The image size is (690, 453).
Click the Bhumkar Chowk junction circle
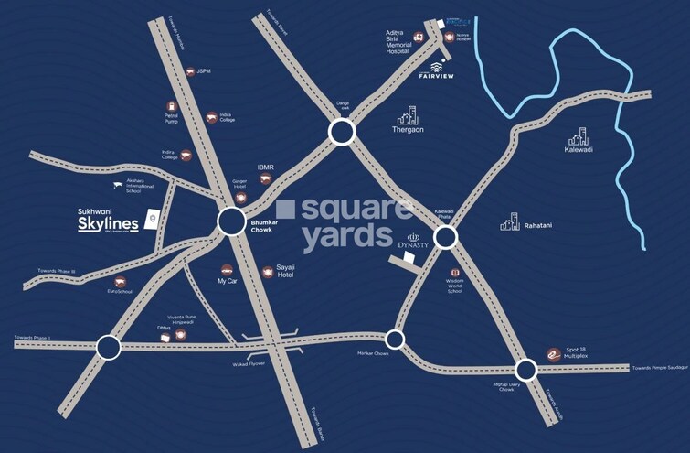[231, 221]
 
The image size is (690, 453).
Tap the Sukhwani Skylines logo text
[109, 221]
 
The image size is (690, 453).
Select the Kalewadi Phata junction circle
[444, 238]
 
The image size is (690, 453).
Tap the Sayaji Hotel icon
[268, 271]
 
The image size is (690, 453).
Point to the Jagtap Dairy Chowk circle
[525, 370]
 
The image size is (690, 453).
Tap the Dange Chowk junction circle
[341, 135]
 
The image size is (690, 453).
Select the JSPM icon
[188, 70]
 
